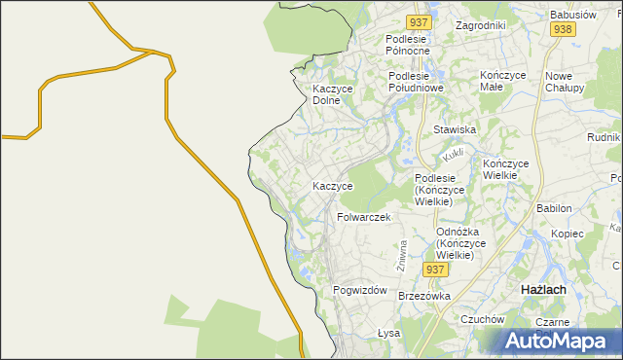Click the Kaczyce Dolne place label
332,94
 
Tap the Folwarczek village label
363,217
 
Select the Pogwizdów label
360,291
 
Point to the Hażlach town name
546,291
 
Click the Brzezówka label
423,296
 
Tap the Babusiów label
572,16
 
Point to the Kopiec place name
567,234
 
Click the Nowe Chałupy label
565,82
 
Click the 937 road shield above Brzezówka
434,268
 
